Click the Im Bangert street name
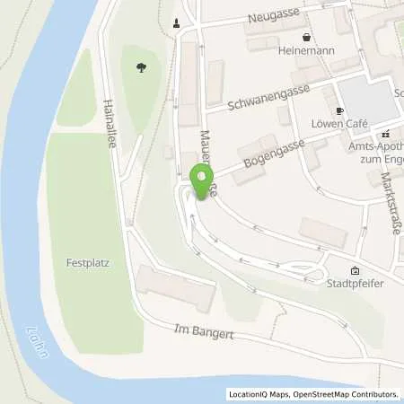203,334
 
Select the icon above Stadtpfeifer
354,269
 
